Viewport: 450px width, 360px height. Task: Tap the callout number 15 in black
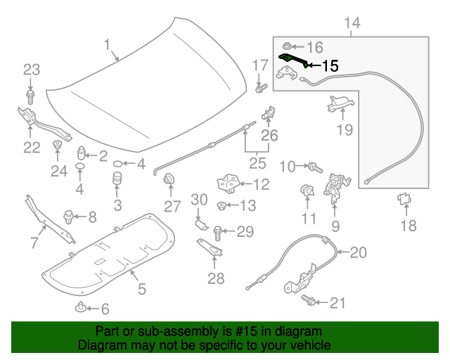click(x=330, y=66)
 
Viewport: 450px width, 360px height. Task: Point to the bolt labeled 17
click(x=260, y=88)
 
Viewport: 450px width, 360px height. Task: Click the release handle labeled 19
click(x=339, y=103)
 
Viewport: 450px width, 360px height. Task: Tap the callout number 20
click(x=358, y=252)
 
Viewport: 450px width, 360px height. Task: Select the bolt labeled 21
click(x=309, y=301)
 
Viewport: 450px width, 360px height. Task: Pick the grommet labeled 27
click(x=169, y=183)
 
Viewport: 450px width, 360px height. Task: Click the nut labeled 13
click(x=221, y=206)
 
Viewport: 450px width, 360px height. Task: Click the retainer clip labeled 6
click(x=82, y=307)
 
